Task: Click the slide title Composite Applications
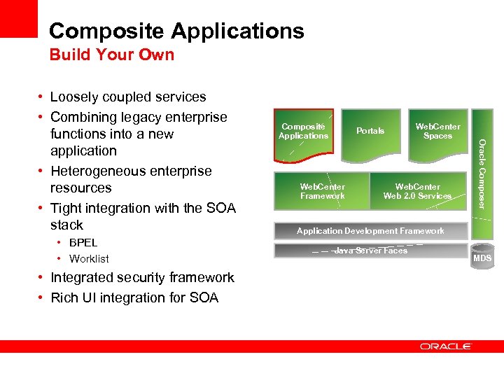(x=176, y=31)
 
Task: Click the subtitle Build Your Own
(x=111, y=55)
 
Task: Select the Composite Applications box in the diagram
(x=303, y=131)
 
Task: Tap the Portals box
(x=370, y=131)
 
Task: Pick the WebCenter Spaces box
(x=437, y=131)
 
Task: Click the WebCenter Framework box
(x=322, y=191)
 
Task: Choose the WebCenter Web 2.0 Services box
(x=417, y=191)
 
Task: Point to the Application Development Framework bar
(x=370, y=231)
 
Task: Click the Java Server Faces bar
(x=370, y=251)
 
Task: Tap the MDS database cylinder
(x=482, y=257)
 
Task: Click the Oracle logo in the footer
(x=446, y=346)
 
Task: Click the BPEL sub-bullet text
(x=83, y=244)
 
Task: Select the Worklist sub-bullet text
(x=89, y=259)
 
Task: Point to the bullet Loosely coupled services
(x=128, y=97)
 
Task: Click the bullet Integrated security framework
(x=142, y=278)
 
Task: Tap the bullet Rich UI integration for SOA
(x=134, y=298)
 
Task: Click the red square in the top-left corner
(x=18, y=18)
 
